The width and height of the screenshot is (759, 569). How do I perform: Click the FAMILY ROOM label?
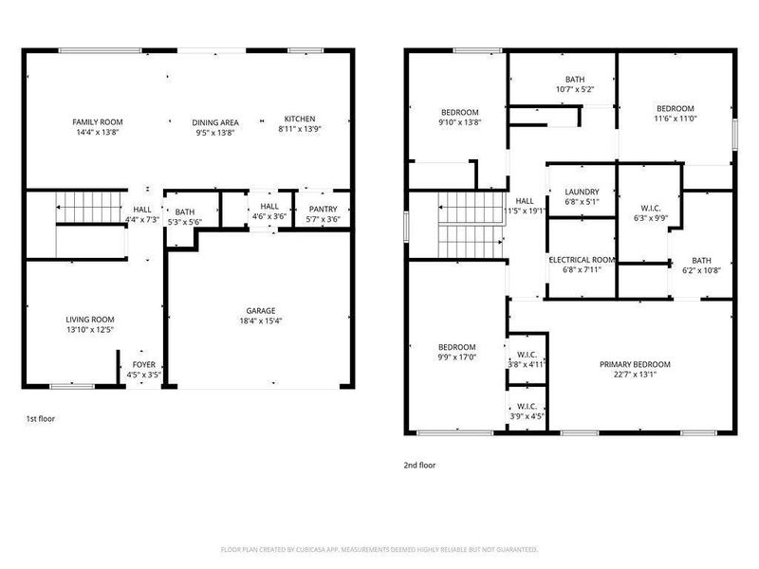tap(98, 122)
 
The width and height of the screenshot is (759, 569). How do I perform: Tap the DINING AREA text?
tap(215, 122)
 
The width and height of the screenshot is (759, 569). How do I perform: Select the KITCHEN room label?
tap(299, 119)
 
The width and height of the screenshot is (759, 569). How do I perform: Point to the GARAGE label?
tap(261, 310)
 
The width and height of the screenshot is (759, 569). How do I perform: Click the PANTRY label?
tap(324, 209)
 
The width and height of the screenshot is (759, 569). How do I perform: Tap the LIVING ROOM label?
tap(90, 320)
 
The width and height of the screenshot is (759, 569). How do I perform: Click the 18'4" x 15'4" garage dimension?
tap(261, 321)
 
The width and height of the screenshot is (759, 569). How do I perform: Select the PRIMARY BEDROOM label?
tap(635, 365)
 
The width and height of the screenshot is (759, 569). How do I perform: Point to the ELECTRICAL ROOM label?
tap(582, 259)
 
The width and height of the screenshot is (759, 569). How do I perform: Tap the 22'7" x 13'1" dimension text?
tap(635, 376)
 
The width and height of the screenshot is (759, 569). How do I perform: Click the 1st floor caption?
tap(40, 417)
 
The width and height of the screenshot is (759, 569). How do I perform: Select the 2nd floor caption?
tap(420, 466)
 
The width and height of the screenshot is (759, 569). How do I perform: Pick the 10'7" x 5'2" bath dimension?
tap(575, 90)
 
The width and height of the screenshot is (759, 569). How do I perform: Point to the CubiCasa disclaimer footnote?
tap(379, 548)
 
